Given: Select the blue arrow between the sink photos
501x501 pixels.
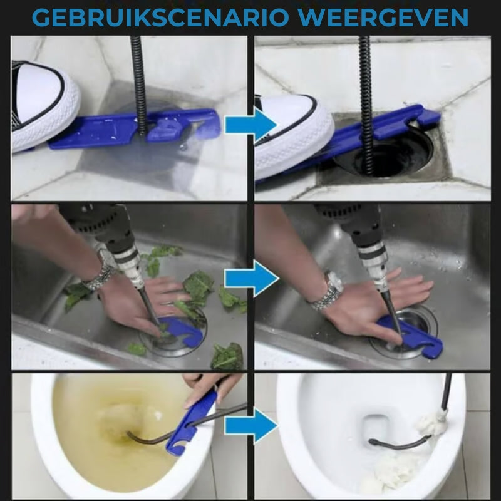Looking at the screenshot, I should pyautogui.click(x=250, y=278).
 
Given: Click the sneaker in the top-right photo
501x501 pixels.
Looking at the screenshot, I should pyautogui.click(x=291, y=135).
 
